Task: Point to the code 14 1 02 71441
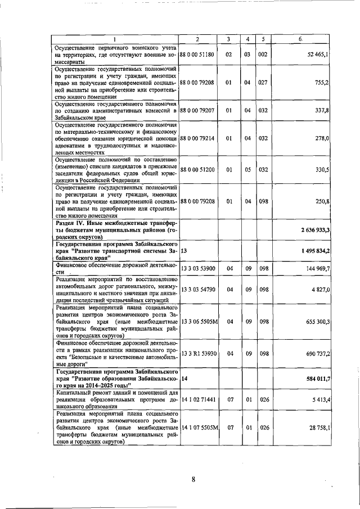point(199,398)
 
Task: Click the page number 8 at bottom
point(193,480)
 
